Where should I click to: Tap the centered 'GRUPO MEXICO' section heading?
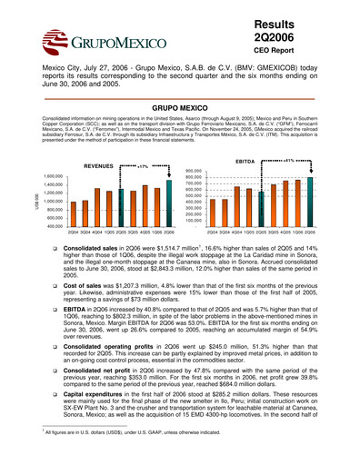click(179, 106)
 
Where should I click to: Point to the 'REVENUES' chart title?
click(101, 166)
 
